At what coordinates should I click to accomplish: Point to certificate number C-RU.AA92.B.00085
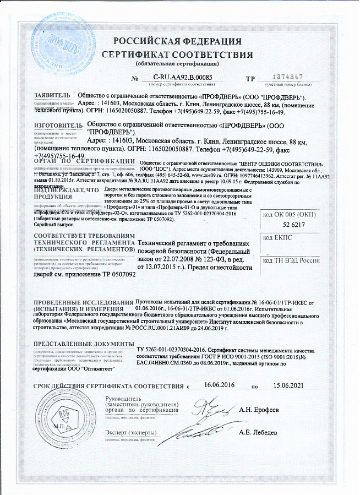coord(183,78)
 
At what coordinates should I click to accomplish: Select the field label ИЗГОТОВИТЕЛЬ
coord(57,126)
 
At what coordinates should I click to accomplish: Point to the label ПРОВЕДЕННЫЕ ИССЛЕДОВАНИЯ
coord(83,304)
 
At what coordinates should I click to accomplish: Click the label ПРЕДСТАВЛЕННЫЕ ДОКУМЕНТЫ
coord(80,344)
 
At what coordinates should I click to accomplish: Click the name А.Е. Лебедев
coord(258,432)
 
